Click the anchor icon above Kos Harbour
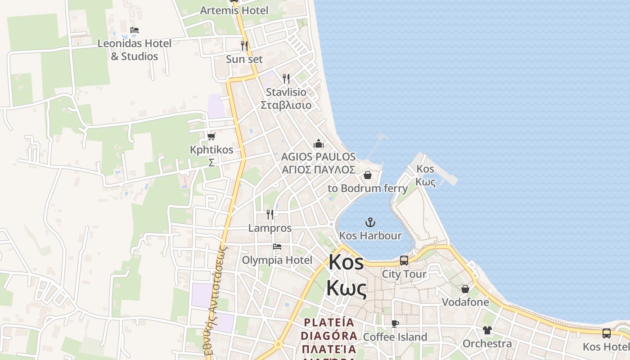tap(370, 222)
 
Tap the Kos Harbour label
tap(370, 235)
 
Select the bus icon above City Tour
tap(404, 260)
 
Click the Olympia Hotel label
tap(277, 260)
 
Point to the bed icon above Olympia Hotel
tap(277, 247)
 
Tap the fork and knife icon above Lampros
tap(270, 214)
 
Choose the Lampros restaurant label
tap(270, 228)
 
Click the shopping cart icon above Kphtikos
tap(211, 136)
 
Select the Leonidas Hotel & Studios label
tap(135, 50)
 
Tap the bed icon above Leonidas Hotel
tap(135, 30)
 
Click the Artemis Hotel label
tap(234, 10)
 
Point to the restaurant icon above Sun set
tap(244, 45)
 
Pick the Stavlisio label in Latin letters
tap(286, 92)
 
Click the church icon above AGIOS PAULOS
tap(319, 144)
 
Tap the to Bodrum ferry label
tap(368, 188)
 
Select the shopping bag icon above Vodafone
tap(465, 288)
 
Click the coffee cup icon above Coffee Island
tap(395, 324)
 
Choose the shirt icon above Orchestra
tap(487, 330)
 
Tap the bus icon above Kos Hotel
tap(607, 333)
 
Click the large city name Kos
tap(346, 262)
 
